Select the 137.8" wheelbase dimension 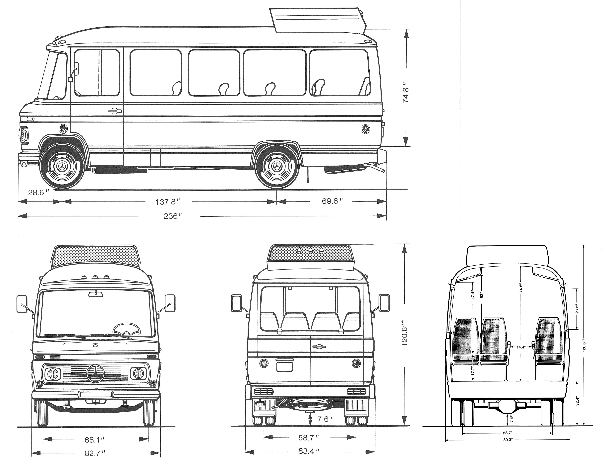[x=167, y=202]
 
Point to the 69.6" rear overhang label [x=332, y=201]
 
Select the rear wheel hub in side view [x=277, y=167]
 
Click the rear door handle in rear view [x=319, y=347]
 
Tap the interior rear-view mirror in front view [x=95, y=294]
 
